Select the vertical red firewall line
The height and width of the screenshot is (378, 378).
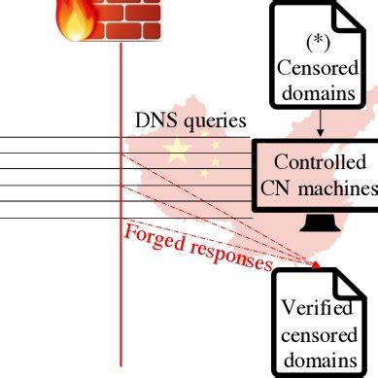(x=120, y=292)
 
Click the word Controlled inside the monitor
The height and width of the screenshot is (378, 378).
(x=321, y=162)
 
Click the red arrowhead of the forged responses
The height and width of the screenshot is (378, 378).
(x=315, y=262)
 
